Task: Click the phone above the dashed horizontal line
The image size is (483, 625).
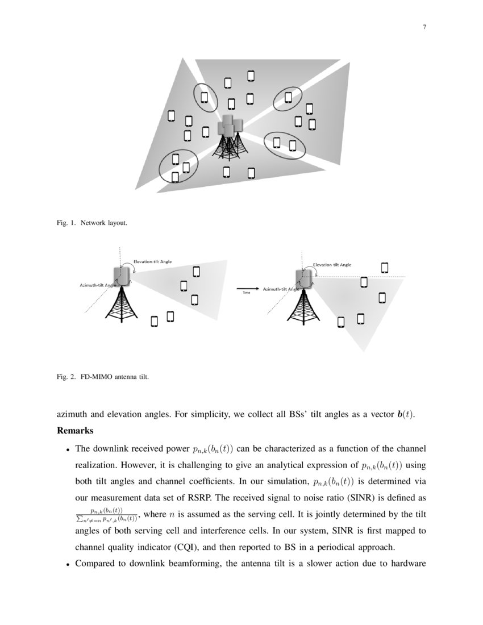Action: click(x=385, y=267)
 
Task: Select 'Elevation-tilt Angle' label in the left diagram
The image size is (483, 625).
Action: click(x=152, y=261)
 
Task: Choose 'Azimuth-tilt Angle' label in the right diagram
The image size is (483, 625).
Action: click(x=281, y=289)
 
